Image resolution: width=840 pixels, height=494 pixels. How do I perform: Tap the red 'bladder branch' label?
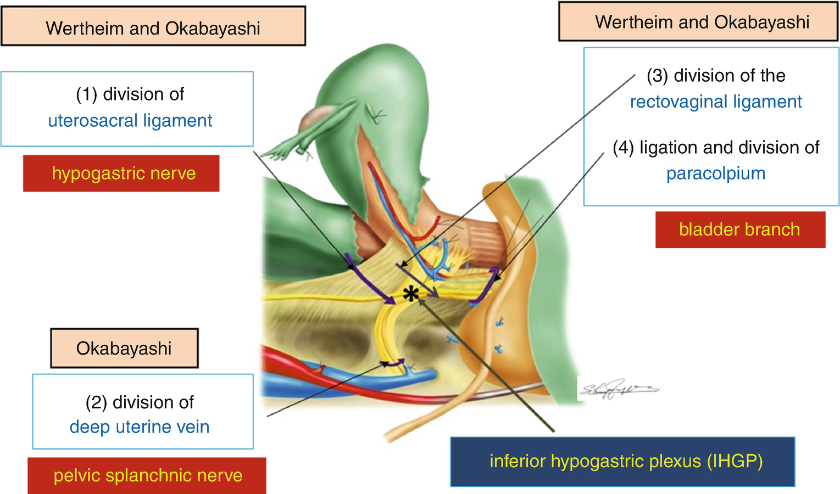coord(739,229)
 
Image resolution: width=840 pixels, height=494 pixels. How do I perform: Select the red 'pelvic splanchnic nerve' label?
coord(148,475)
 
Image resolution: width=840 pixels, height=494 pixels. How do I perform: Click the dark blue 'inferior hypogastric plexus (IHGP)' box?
coord(622,462)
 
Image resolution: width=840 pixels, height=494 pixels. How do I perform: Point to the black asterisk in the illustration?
coord(410,295)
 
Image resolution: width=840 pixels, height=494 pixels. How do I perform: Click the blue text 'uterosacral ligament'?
coord(130,121)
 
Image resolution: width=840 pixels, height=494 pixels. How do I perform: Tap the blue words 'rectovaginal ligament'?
coord(716,102)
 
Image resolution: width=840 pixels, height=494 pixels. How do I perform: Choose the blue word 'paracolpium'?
coord(716,173)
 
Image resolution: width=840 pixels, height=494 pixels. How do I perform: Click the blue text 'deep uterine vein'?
coord(140,427)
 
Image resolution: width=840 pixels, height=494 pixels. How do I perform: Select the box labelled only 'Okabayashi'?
coord(124,349)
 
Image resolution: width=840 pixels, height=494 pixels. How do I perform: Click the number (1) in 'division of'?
coord(87,94)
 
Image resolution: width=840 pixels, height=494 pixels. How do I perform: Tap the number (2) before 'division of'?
coord(96,402)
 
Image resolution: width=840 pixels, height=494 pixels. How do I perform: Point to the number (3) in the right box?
coord(657,76)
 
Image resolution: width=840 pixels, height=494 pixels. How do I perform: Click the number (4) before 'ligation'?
coord(624,148)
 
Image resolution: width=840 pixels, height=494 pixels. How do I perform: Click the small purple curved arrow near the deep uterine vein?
coord(394,362)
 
